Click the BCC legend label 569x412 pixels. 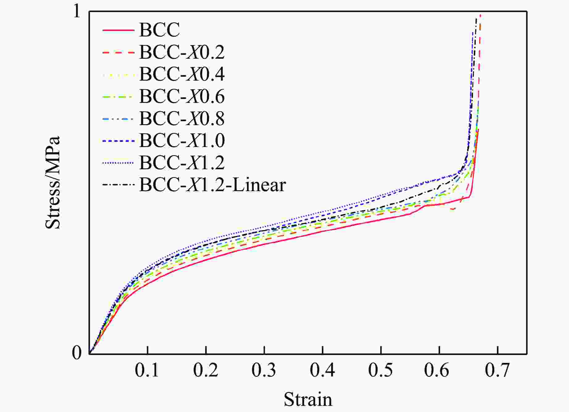(x=159, y=30)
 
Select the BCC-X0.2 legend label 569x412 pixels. (x=182, y=52)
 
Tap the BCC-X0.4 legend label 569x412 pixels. (x=182, y=74)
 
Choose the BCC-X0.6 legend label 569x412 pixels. (x=182, y=96)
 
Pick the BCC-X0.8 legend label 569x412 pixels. (x=182, y=119)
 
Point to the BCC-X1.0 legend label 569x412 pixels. (x=182, y=141)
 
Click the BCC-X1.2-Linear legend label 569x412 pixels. (x=212, y=185)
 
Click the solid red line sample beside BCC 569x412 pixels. (x=118, y=30)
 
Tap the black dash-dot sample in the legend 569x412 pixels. (x=118, y=185)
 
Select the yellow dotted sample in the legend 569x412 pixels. (x=118, y=74)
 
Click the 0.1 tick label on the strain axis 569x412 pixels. (x=147, y=370)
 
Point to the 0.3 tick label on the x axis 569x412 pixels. (x=264, y=370)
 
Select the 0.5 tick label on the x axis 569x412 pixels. (x=380, y=370)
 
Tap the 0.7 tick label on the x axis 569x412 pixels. (x=497, y=370)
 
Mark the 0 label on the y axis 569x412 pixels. (x=77, y=352)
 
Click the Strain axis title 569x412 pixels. (x=308, y=399)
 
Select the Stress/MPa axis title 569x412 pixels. (x=52, y=182)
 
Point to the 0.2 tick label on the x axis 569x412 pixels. (x=206, y=370)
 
